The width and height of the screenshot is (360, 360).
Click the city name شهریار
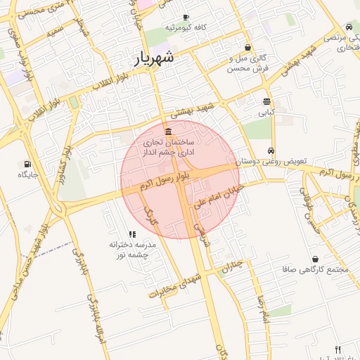click(163, 59)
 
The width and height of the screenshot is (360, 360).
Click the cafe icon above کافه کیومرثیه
click(186, 17)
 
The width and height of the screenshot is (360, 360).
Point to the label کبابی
click(266, 112)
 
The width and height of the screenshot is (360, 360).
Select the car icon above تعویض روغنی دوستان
click(271, 151)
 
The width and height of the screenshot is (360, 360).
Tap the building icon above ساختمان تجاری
click(167, 132)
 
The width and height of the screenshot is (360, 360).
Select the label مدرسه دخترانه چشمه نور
click(133, 250)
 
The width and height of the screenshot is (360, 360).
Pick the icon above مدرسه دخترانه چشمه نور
click(131, 234)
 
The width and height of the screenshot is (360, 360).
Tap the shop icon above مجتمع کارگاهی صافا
click(314, 259)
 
